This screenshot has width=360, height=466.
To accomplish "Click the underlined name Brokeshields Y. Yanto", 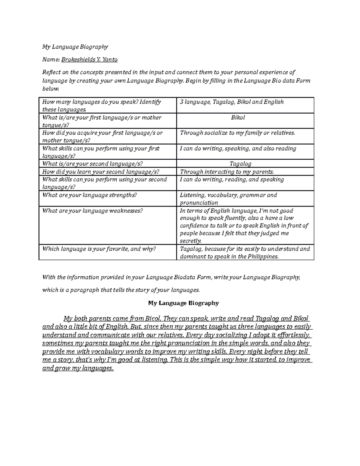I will (x=89, y=60).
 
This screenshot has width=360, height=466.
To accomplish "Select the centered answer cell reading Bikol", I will (x=238, y=118).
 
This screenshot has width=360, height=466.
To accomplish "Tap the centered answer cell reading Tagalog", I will (x=240, y=164).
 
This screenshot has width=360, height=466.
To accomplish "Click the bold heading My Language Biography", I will (x=184, y=303).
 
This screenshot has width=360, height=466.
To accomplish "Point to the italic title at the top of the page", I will (x=75, y=47).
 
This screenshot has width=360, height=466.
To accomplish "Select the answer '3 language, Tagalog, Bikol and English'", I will (x=232, y=102).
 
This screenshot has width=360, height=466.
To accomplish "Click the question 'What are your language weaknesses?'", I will (x=93, y=211).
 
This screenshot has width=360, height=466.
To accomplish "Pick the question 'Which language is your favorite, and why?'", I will (x=99, y=249).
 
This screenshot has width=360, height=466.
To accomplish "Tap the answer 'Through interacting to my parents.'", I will (x=227, y=172).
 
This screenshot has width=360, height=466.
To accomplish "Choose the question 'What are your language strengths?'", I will (x=89, y=195).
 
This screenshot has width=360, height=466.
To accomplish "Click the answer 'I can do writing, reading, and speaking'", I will (x=232, y=179).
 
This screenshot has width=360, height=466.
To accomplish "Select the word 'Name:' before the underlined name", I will (x=51, y=60).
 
